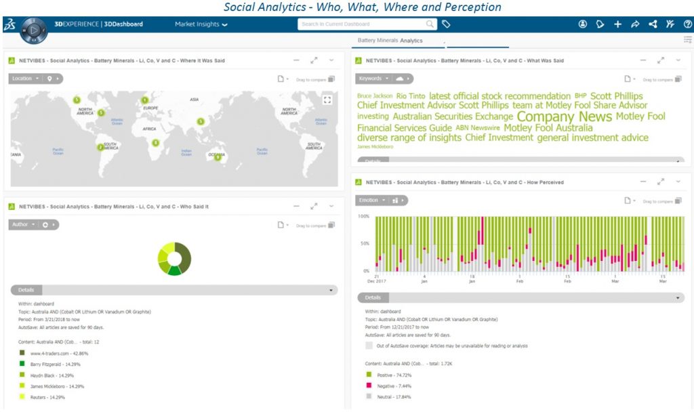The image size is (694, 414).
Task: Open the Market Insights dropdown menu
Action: click(x=201, y=24)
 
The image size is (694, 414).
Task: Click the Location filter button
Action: click(x=25, y=79)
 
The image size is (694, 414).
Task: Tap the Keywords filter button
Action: click(x=373, y=79)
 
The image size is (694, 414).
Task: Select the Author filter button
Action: click(x=23, y=224)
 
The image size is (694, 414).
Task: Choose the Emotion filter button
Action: click(x=371, y=201)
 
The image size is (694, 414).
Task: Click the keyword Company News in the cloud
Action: click(x=564, y=117)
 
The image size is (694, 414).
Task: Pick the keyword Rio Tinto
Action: click(x=411, y=96)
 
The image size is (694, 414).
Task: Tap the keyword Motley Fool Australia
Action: click(x=548, y=127)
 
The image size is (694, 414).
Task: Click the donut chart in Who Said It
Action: click(x=174, y=258)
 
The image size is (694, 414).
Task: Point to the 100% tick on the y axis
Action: click(x=363, y=217)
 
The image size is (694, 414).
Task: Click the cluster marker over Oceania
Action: click(x=218, y=157)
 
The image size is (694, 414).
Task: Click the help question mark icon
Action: click(x=687, y=24)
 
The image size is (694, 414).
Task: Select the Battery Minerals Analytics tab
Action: click(x=390, y=41)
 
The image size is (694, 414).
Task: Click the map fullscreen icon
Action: click(x=328, y=100)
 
